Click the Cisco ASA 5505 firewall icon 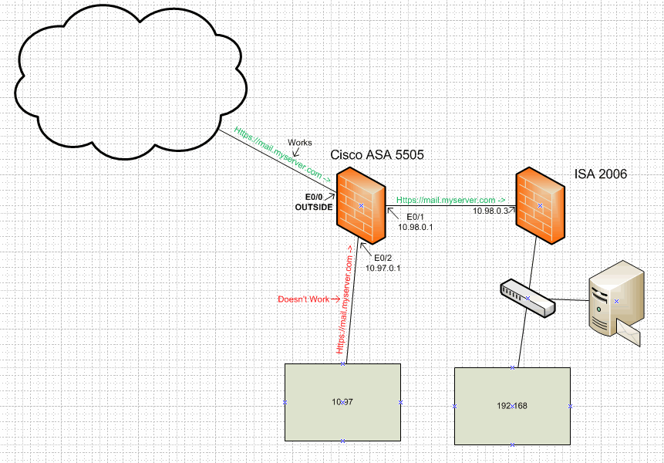[x=361, y=204]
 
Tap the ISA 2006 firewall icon [x=540, y=204]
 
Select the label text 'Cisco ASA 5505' [x=377, y=155]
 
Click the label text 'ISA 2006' [x=601, y=174]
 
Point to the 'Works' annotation [x=300, y=143]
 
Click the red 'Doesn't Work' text [x=303, y=299]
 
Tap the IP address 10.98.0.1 [x=416, y=228]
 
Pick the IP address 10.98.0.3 [x=491, y=211]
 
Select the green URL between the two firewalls [x=450, y=200]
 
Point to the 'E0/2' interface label [x=383, y=258]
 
